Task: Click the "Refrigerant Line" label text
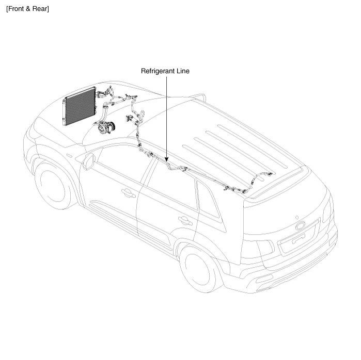point(165,71)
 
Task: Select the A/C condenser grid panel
point(79,106)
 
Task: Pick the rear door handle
point(182,220)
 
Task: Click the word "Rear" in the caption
point(40,9)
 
